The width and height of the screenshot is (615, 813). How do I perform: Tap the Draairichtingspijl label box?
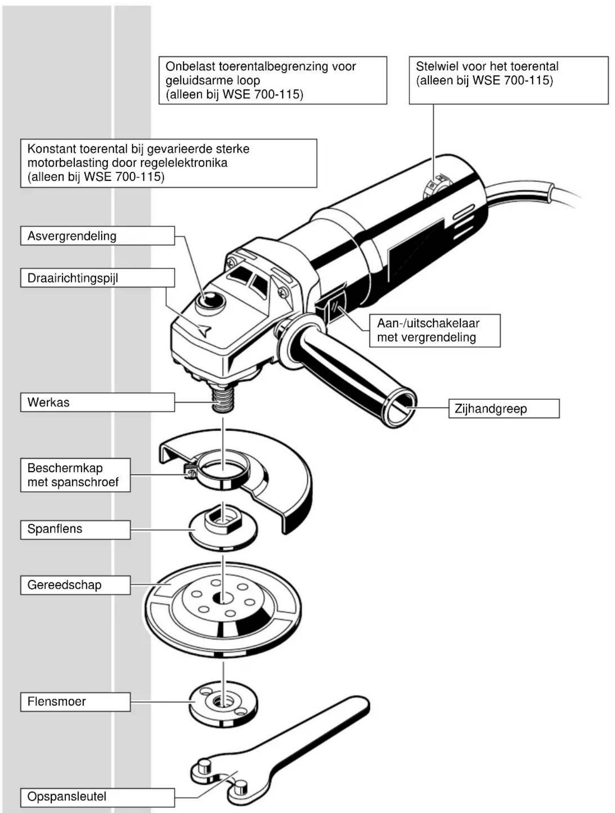[x=97, y=278]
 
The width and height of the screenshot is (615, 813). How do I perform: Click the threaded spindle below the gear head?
[x=222, y=399]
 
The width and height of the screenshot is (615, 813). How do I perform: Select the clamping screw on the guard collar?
[x=190, y=472]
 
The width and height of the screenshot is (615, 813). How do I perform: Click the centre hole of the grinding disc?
[x=223, y=597]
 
